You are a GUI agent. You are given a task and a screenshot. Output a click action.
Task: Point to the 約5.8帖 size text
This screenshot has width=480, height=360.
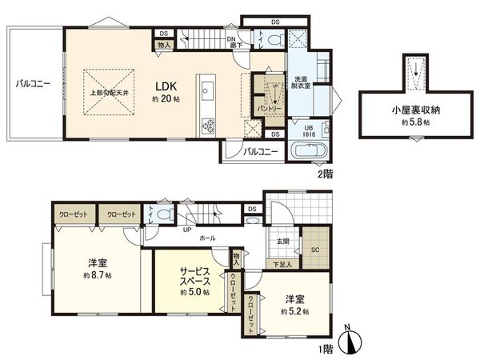pyautogui.click(x=416, y=124)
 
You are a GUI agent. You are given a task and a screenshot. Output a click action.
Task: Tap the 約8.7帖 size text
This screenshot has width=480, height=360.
pyautogui.click(x=98, y=274)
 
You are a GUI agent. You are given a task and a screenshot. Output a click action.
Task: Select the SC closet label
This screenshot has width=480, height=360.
pyautogui.click(x=314, y=249)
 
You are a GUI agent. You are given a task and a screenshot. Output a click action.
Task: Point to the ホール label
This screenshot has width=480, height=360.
pyautogui.click(x=207, y=238)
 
